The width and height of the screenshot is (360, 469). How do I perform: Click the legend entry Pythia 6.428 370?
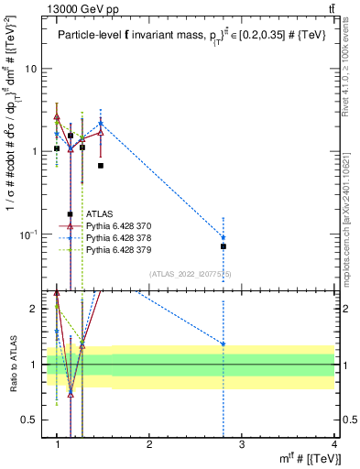point(114,225)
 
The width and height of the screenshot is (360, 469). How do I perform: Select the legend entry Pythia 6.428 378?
point(114,237)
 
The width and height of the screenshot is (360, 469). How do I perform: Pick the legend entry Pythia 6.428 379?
point(114,249)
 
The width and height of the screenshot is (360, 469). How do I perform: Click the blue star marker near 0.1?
point(224,238)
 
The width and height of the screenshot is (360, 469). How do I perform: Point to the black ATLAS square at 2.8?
point(224,246)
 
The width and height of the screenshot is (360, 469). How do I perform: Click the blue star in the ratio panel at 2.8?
point(224,344)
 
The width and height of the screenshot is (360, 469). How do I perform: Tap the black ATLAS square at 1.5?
point(101,166)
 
